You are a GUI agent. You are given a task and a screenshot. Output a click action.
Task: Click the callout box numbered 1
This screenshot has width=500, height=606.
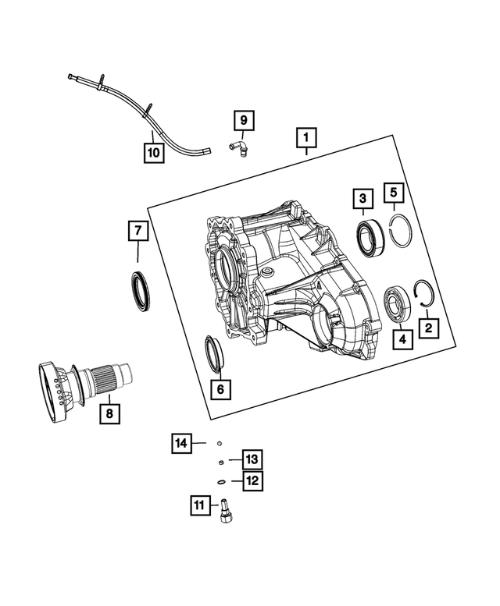click(x=306, y=139)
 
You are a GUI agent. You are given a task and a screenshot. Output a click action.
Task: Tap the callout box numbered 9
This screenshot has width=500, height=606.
click(x=243, y=120)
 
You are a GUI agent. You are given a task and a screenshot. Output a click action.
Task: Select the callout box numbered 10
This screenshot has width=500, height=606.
click(x=154, y=151)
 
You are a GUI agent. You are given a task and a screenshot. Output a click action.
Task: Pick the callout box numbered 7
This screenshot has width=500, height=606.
click(x=138, y=230)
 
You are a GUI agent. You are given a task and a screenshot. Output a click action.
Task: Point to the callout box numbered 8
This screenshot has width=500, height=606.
click(x=110, y=413)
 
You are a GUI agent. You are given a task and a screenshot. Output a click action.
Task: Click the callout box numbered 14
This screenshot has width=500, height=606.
click(x=181, y=444)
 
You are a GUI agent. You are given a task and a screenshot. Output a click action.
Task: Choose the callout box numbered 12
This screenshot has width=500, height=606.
click(x=252, y=480)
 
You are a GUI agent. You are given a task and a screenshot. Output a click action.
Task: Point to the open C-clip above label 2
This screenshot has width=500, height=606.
click(x=426, y=294)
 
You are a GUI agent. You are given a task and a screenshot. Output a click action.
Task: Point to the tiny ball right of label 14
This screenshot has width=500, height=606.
click(x=221, y=443)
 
